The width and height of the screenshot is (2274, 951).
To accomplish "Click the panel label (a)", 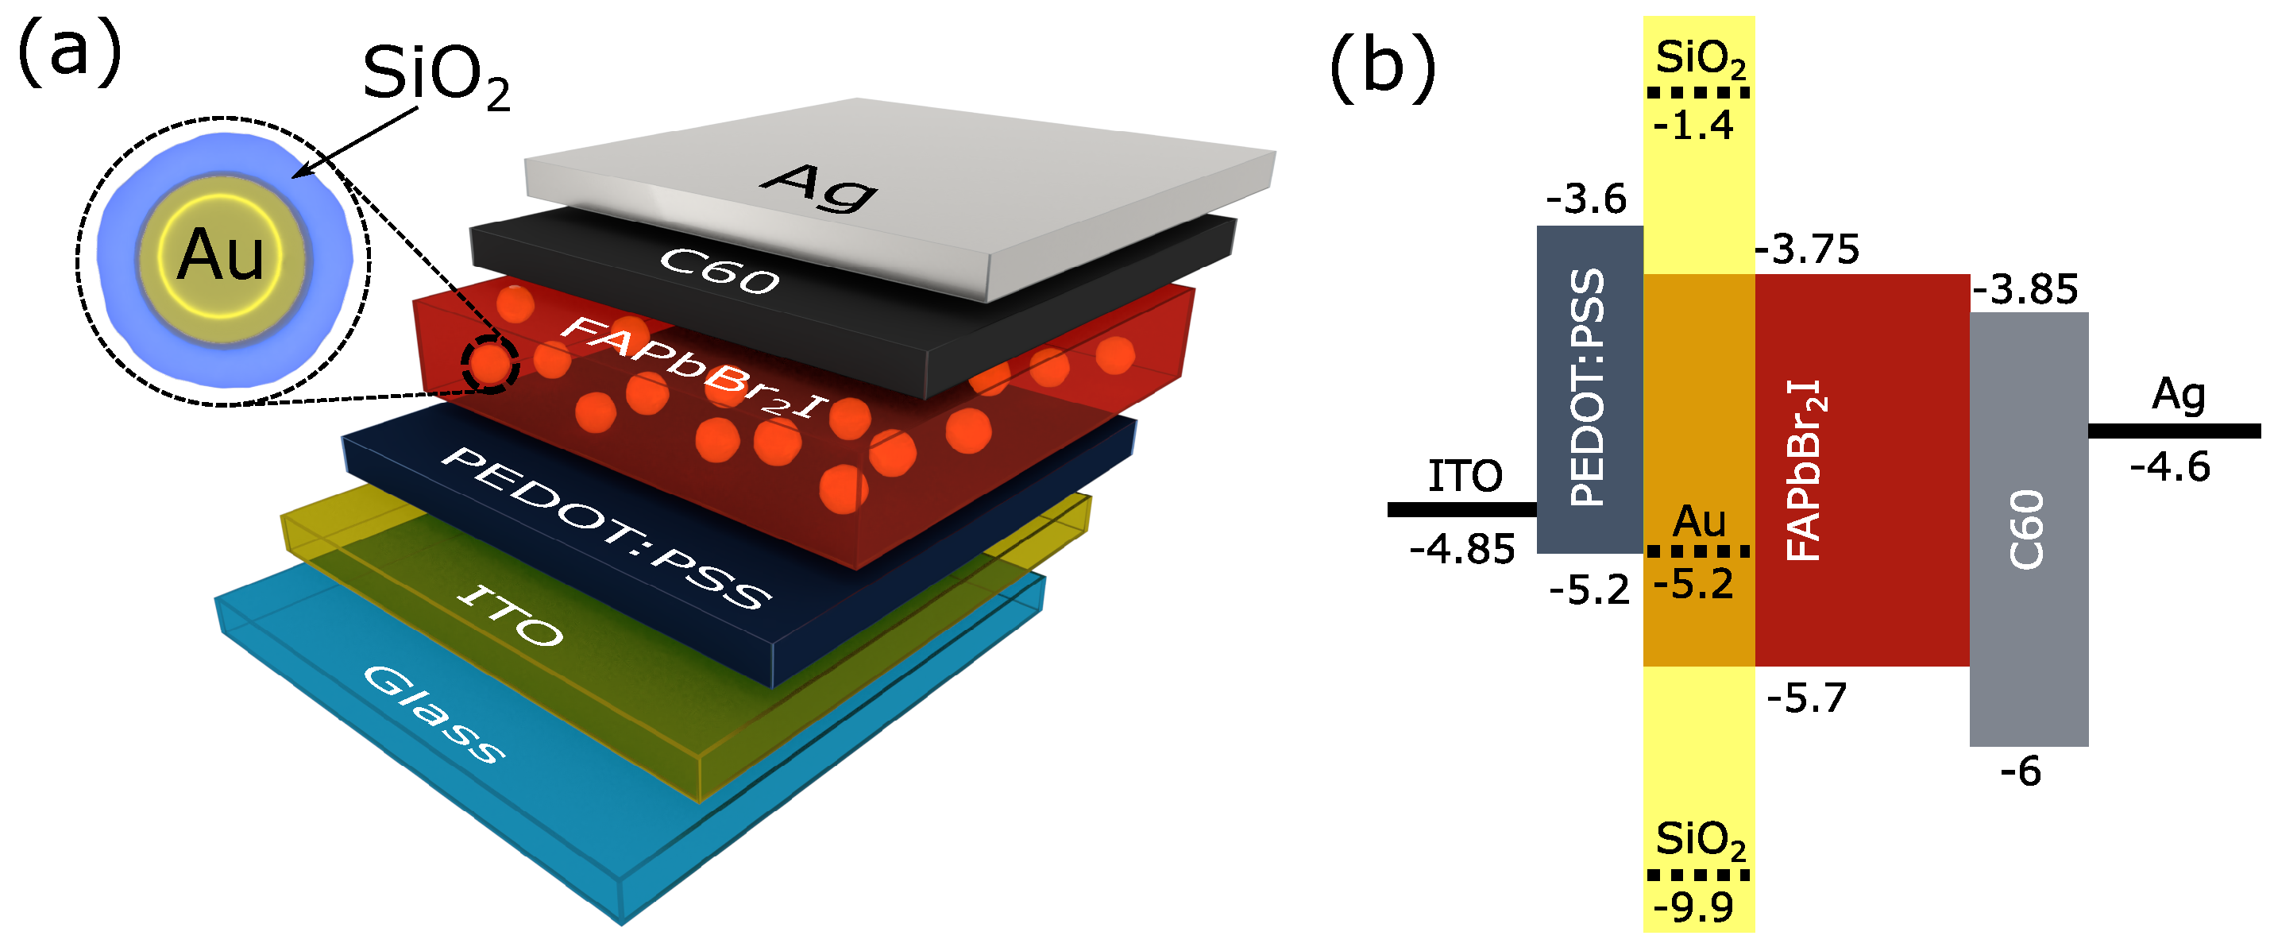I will [x=69, y=55].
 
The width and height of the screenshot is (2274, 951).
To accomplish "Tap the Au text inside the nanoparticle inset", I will [x=221, y=255].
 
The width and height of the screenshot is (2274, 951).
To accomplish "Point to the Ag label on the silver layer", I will [x=819, y=187].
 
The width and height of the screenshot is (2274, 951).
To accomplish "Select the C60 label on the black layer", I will [x=720, y=270].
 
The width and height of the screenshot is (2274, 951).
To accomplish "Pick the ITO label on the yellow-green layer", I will [x=509, y=616].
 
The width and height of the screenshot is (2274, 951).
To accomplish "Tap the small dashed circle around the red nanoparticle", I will [x=490, y=364].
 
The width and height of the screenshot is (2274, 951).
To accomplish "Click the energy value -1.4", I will [x=1693, y=126].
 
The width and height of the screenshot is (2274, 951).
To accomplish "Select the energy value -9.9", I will [x=1693, y=907].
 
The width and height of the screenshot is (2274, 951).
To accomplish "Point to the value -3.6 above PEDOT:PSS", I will [x=1586, y=199].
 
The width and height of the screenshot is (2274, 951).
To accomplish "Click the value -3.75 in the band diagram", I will [x=1807, y=250].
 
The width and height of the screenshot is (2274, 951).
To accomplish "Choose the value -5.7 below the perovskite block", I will [x=1806, y=698].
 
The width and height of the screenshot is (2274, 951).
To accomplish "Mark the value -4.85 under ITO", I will [x=1461, y=549].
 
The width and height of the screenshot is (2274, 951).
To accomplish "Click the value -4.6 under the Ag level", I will [x=2170, y=466].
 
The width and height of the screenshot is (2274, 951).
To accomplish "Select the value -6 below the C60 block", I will [x=2021, y=771].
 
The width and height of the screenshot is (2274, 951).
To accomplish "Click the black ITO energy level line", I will [x=1461, y=509].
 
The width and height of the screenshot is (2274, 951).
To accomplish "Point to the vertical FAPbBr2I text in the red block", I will [x=1805, y=470].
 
